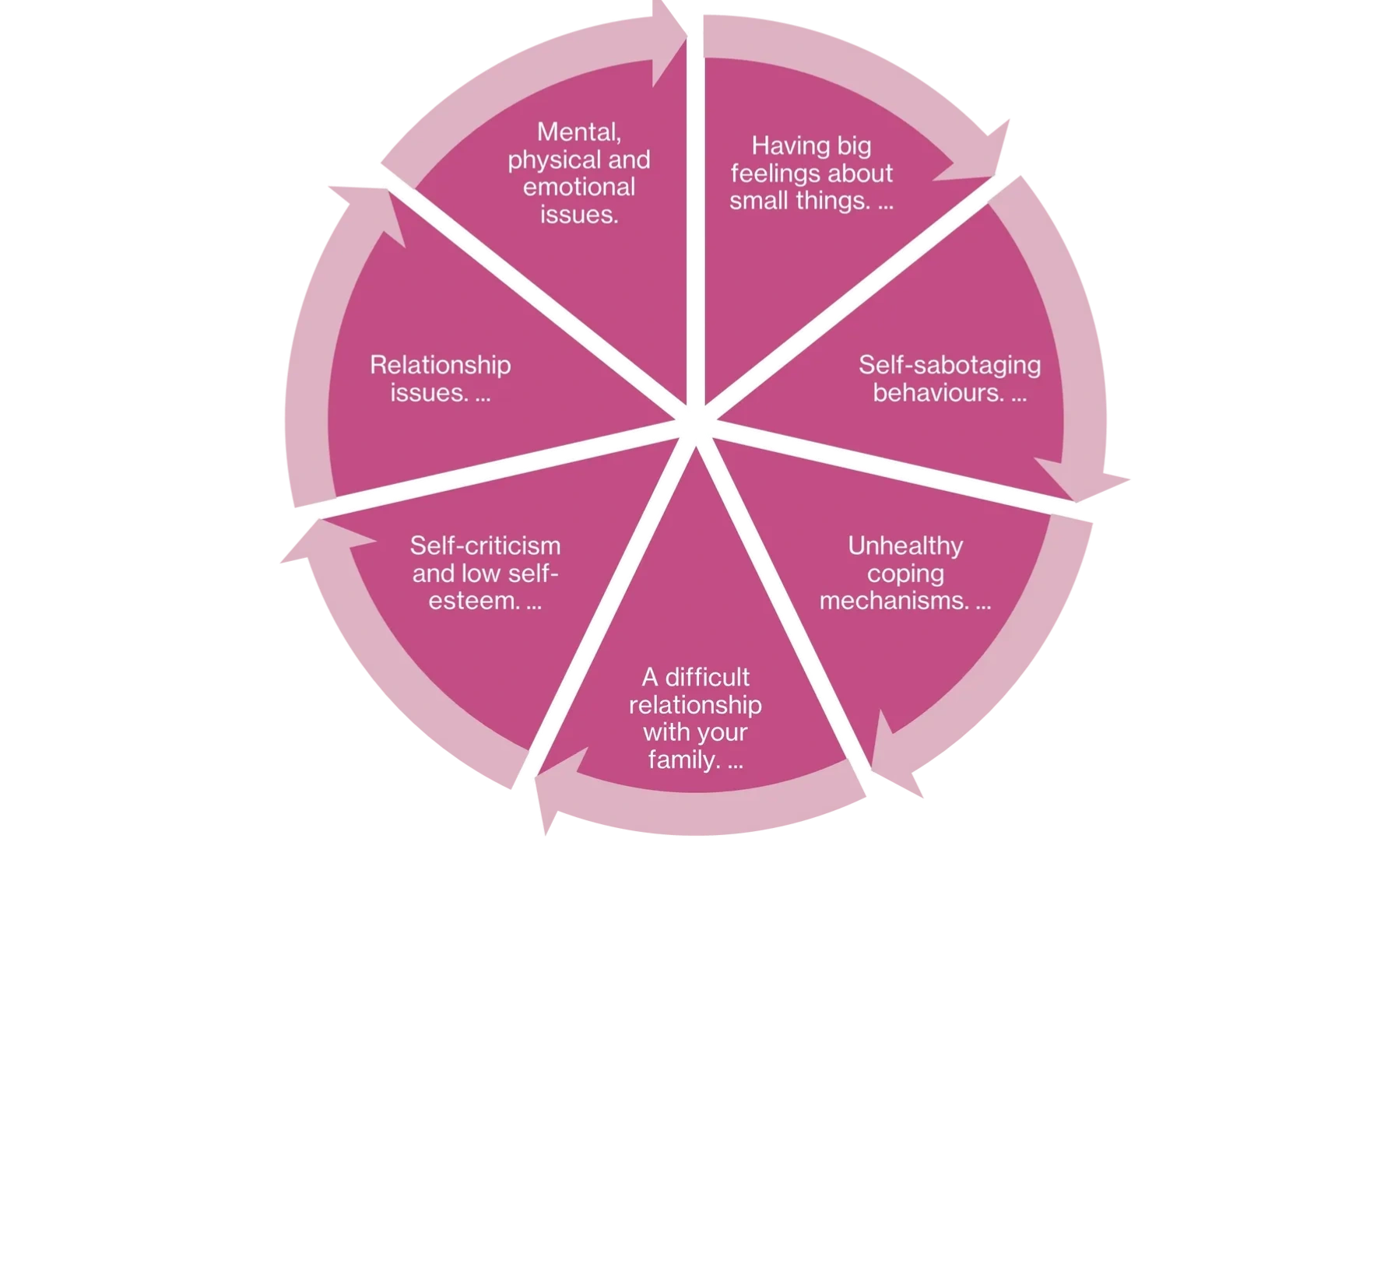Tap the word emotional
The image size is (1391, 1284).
[x=578, y=187]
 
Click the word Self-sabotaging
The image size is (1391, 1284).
[x=949, y=364]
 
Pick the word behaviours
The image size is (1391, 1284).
[x=938, y=392]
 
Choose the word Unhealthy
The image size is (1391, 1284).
[x=905, y=546]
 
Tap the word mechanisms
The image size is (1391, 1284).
[x=894, y=601]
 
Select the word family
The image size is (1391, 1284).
[x=683, y=760]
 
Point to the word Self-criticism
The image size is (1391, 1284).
[x=485, y=546]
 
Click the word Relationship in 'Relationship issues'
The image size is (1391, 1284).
[x=440, y=364]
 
